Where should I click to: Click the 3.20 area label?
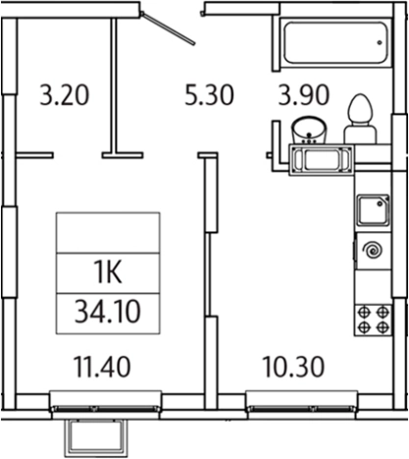click(65, 95)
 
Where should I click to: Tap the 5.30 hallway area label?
click(209, 95)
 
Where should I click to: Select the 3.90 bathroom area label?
click(304, 95)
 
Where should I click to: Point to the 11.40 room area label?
click(102, 367)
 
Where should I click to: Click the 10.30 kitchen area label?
click(293, 367)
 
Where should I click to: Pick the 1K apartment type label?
click(108, 273)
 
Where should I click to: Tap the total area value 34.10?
click(108, 312)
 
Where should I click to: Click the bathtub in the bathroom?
click(335, 42)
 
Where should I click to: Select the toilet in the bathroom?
click(359, 119)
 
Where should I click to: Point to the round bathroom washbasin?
click(309, 129)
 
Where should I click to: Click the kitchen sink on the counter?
click(374, 211)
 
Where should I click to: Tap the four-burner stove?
click(373, 320)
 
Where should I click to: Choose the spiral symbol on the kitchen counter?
click(374, 251)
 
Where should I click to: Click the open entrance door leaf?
click(168, 28)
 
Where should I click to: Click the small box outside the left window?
click(96, 437)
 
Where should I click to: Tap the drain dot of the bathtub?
click(380, 42)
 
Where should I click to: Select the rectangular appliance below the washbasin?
click(322, 160)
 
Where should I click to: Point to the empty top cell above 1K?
click(108, 232)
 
